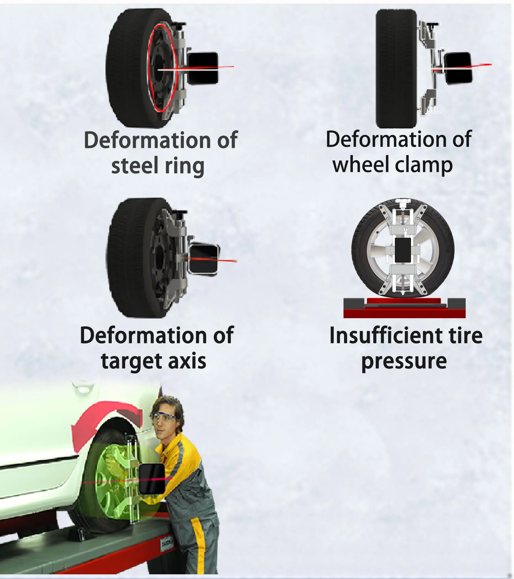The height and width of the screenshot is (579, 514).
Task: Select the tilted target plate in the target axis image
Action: pyautogui.click(x=203, y=259)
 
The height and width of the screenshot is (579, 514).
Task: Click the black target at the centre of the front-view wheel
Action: pyautogui.click(x=403, y=250)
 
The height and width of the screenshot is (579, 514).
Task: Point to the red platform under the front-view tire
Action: pyautogui.click(x=404, y=313)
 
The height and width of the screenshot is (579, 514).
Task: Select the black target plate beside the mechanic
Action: pyautogui.click(x=152, y=479)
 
